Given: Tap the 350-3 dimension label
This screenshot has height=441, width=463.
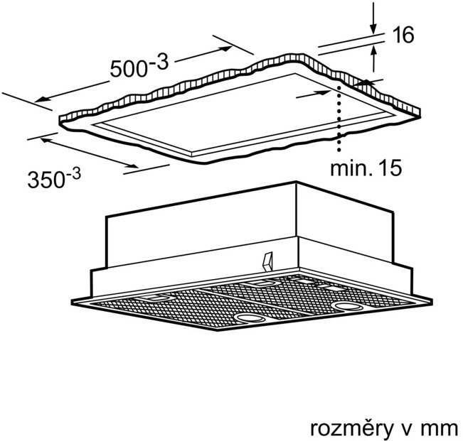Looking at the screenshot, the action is [54, 178].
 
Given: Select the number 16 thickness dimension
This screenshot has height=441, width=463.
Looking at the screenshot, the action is [404, 35].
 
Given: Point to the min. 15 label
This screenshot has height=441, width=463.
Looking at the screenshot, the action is [366, 168].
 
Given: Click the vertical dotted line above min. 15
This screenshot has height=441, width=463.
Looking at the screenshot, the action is [339, 119].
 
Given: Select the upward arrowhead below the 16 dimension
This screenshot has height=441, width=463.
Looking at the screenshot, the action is [374, 50].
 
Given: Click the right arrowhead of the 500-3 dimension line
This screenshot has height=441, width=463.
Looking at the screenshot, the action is [227, 48].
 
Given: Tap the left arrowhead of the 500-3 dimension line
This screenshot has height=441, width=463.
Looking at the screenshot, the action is [41, 99].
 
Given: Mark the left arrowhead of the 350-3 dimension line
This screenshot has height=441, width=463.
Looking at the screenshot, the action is [45, 140].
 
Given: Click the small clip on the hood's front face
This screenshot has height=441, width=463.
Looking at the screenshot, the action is [267, 261].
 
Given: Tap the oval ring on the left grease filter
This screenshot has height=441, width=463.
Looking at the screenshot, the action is [250, 319].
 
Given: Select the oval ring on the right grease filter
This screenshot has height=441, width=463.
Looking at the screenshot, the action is [347, 307].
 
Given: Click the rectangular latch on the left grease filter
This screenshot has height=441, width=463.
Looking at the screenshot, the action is [156, 298].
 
